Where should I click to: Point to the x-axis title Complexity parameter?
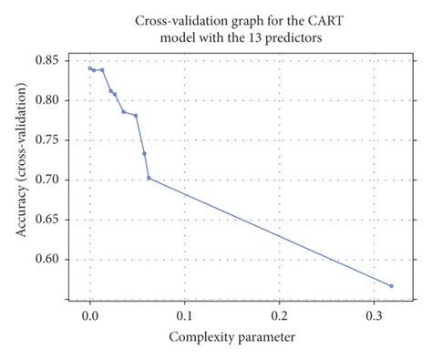pos(231,338)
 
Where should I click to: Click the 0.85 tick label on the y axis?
pos(47,60)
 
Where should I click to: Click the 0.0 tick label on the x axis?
pos(89,314)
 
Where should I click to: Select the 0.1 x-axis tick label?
pos(184,314)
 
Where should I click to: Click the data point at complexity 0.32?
pos(392,285)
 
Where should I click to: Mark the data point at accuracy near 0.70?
pos(149,178)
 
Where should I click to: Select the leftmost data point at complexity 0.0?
pos(89,68)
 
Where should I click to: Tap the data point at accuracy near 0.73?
pos(144,153)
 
